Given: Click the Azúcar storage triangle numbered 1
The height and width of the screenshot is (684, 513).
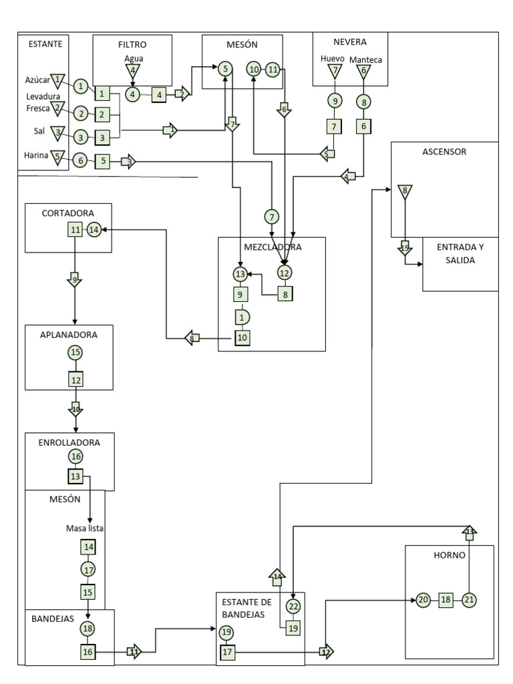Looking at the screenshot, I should [58, 80].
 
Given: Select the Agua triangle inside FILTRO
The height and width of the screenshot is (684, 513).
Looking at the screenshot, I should [133, 70].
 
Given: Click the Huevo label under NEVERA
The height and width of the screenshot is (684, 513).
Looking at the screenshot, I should [332, 59].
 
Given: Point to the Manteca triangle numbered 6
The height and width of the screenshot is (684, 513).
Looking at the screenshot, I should [363, 70].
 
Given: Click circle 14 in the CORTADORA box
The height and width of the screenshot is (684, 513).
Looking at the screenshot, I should [94, 229].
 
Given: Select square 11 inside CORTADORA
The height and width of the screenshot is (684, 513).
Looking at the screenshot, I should [75, 230].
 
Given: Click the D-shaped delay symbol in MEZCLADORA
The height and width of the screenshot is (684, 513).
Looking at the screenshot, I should [241, 317].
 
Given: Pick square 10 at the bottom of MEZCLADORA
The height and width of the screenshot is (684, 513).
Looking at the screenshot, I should [242, 338].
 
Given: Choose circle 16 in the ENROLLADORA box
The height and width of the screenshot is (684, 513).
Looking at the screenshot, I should [75, 456].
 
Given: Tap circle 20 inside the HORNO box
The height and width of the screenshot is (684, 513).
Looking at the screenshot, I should [423, 600].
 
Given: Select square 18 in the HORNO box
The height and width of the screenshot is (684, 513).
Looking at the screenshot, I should [446, 600].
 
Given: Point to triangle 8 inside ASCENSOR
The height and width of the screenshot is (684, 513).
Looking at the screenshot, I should [404, 192].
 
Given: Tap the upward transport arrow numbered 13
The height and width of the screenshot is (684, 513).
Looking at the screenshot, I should [469, 532].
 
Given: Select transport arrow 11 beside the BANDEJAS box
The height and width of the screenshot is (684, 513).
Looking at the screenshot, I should [134, 651].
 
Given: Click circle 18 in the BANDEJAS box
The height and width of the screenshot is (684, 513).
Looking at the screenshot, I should [88, 629].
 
